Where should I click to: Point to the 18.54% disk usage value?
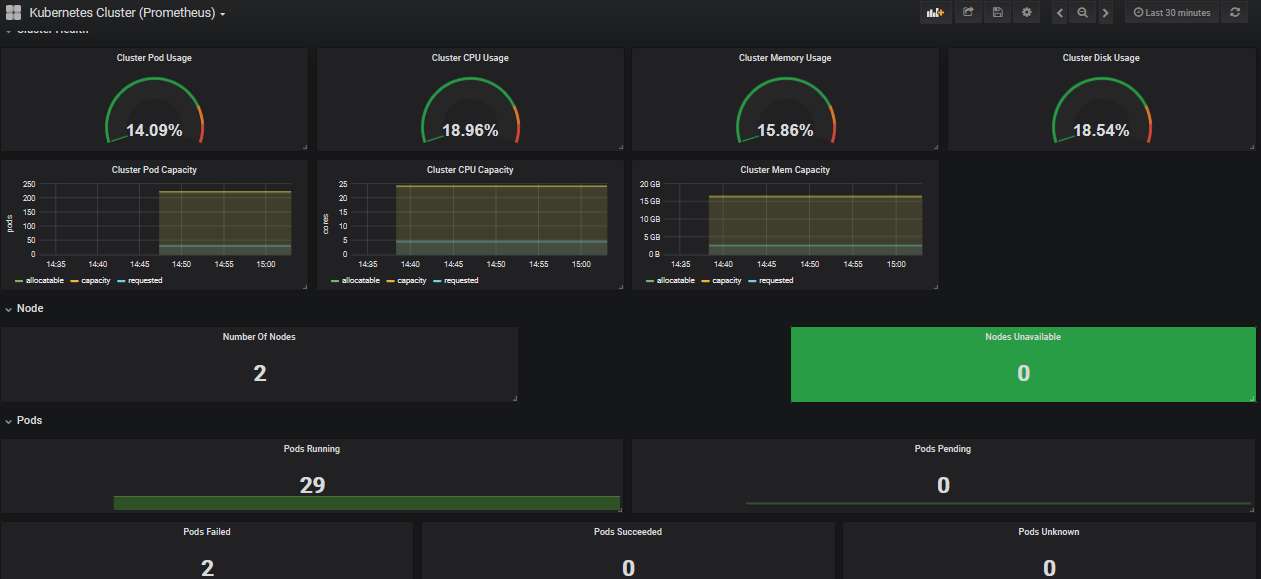[1101, 130]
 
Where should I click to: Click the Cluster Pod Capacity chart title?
[154, 170]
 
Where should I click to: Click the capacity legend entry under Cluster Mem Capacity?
[726, 281]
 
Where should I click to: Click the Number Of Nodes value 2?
[259, 374]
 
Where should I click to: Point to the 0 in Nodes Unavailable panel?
[1023, 374]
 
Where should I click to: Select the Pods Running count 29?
[312, 486]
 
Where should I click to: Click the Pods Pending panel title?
[942, 449]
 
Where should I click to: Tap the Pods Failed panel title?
[207, 532]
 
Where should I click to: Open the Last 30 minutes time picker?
[1172, 13]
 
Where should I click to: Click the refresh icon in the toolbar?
[1235, 13]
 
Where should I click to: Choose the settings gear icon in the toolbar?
[1026, 13]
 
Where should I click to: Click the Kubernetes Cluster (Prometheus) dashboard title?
[122, 13]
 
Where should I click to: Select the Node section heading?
[30, 309]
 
